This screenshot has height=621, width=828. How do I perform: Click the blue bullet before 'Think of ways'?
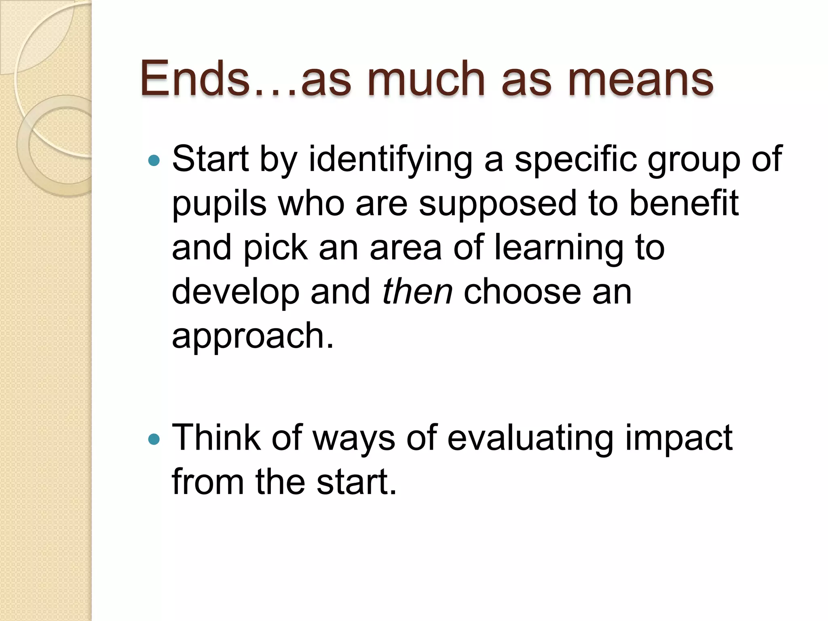click(154, 439)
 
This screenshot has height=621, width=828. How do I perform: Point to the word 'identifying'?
click(391, 160)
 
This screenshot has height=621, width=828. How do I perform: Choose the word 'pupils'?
click(219, 204)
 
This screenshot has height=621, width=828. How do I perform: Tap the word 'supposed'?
click(498, 204)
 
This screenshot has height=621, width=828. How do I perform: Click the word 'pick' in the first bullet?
click(275, 248)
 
